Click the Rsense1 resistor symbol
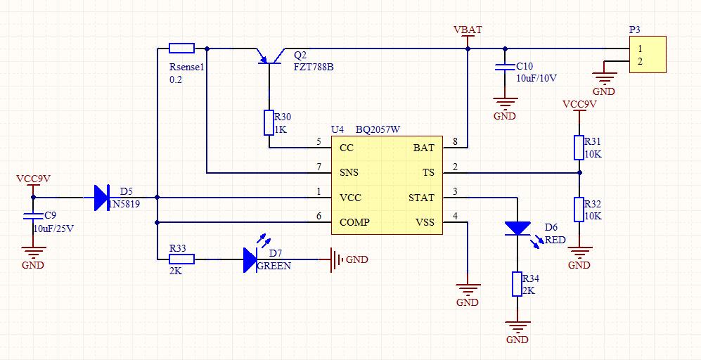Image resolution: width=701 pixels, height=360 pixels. (182, 48)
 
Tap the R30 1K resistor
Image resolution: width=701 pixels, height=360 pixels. (269, 122)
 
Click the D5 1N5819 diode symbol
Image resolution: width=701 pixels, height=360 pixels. (101, 198)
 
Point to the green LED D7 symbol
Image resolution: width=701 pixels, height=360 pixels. (250, 259)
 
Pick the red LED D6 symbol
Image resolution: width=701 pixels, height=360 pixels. (517, 228)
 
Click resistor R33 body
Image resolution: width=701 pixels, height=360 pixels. (181, 259)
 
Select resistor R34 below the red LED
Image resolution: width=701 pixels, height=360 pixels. (517, 284)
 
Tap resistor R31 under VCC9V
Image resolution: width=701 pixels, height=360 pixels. (579, 147)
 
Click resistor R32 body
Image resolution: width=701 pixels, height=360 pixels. (579, 210)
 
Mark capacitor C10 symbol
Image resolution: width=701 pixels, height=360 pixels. (503, 67)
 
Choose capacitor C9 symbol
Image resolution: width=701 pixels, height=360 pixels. (32, 214)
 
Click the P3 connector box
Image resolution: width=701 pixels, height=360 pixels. (648, 56)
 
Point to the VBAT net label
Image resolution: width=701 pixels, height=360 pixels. (468, 30)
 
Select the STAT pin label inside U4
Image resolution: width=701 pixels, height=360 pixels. (421, 198)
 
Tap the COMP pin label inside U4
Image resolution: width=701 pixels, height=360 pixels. (354, 222)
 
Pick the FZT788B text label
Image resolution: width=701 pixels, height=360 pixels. (313, 66)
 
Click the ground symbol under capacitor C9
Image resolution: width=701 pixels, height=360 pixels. (32, 250)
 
